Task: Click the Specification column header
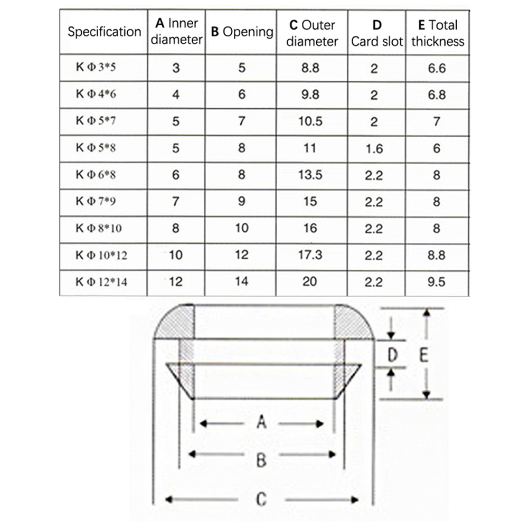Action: [x=104, y=32]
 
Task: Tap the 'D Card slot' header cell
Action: [x=376, y=33]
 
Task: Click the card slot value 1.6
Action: [x=374, y=149]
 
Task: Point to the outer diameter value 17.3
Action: [x=310, y=255]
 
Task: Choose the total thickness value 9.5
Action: [x=436, y=282]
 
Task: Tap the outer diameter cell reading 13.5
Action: [x=310, y=175]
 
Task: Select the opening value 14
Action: [x=241, y=281]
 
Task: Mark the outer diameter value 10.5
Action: [x=310, y=122]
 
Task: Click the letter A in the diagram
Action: [x=261, y=422]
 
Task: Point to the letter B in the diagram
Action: [x=261, y=460]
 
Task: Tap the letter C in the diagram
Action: [x=261, y=499]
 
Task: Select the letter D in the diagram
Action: [x=392, y=356]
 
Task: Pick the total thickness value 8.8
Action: [x=436, y=255]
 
